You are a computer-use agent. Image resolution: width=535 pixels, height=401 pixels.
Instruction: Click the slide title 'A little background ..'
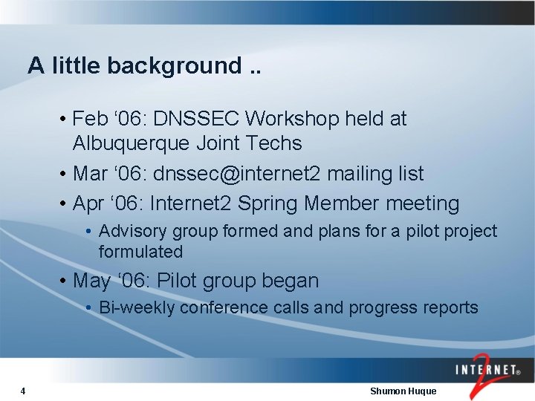pyautogui.click(x=145, y=65)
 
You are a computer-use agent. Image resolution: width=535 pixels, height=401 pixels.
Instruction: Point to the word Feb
pyautogui.click(x=91, y=119)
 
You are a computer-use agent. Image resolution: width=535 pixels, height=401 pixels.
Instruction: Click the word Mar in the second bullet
pyautogui.click(x=91, y=174)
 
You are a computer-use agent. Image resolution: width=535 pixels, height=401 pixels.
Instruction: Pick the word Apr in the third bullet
pyautogui.click(x=90, y=203)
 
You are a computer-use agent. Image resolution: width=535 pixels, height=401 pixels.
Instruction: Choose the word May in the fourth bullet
pyautogui.click(x=92, y=281)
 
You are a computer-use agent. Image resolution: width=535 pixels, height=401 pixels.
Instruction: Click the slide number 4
pyautogui.click(x=24, y=391)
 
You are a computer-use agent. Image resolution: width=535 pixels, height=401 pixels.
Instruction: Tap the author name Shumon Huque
pyautogui.click(x=403, y=391)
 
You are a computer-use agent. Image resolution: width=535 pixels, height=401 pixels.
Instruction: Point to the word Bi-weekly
pyautogui.click(x=137, y=307)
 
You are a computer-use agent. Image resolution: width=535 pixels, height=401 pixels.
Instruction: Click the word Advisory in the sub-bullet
pyautogui.click(x=129, y=232)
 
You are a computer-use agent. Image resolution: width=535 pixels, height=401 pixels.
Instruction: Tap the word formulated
pyautogui.click(x=140, y=252)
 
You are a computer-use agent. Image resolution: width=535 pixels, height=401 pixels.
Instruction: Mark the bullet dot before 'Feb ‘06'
pyautogui.click(x=65, y=120)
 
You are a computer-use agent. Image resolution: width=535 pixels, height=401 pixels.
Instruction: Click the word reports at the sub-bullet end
pyautogui.click(x=450, y=307)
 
